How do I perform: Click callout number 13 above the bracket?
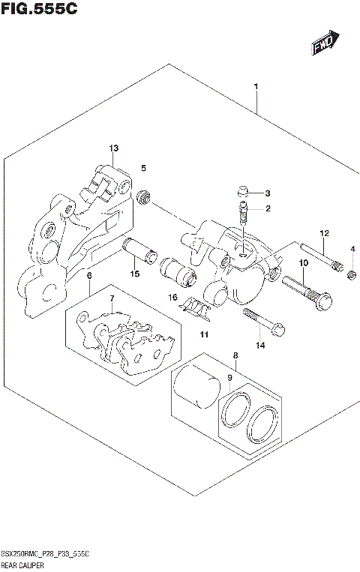113,148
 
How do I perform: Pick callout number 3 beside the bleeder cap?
267,193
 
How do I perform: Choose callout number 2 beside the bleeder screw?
267,209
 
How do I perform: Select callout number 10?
304,263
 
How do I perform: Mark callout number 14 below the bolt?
260,346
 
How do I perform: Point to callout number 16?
172,298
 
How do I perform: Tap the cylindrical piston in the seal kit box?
196,389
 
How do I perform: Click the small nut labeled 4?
351,279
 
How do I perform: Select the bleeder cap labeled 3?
242,191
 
